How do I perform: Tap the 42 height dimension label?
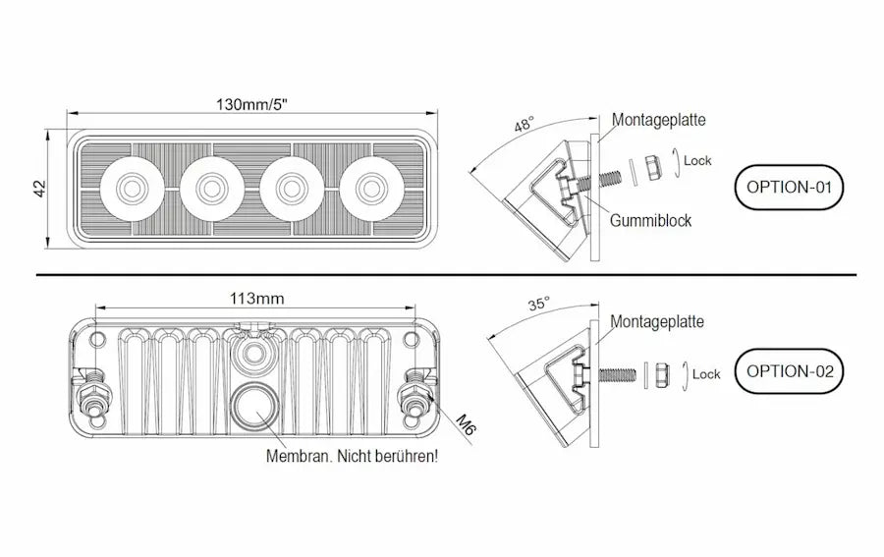tap(40, 189)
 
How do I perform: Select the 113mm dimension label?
tap(256, 299)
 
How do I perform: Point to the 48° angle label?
tap(524, 125)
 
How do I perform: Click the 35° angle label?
tap(538, 305)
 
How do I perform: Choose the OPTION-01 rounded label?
tap(789, 188)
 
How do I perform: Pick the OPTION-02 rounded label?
tap(790, 371)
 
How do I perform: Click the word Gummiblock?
tap(650, 220)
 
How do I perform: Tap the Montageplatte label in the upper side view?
tap(658, 120)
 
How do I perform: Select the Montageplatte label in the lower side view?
tap(657, 321)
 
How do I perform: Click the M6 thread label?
tap(466, 424)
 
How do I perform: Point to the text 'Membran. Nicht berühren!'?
tap(352, 456)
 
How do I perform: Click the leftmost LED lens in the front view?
tap(133, 188)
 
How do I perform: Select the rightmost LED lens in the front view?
tap(372, 188)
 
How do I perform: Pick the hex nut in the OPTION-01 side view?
tap(653, 167)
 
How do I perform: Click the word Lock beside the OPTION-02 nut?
tap(706, 374)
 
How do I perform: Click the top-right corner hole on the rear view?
tap(411, 339)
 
